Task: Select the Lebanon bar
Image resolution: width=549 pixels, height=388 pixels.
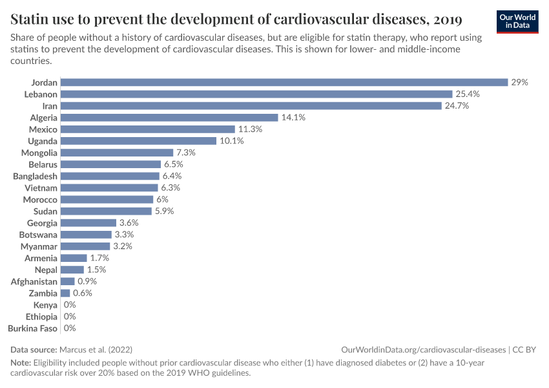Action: (256, 94)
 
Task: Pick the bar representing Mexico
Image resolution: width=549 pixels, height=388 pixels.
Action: (148, 129)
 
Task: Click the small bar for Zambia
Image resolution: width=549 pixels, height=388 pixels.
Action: (65, 293)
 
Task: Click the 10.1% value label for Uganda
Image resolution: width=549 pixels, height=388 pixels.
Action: (231, 141)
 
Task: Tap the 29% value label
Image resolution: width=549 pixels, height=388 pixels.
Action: (519, 82)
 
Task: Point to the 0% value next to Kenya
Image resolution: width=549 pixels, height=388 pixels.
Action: (70, 305)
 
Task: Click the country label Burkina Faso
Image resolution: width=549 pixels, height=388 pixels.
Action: (32, 329)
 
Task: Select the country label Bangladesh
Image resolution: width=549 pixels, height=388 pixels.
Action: (35, 176)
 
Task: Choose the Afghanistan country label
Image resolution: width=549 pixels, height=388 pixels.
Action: (34, 281)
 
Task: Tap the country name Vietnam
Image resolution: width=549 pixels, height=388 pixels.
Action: (41, 188)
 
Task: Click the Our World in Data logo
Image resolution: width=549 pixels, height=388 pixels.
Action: (517, 21)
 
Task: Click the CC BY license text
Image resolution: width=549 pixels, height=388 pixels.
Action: (525, 349)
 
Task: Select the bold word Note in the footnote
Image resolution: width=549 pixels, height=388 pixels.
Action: (22, 363)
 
